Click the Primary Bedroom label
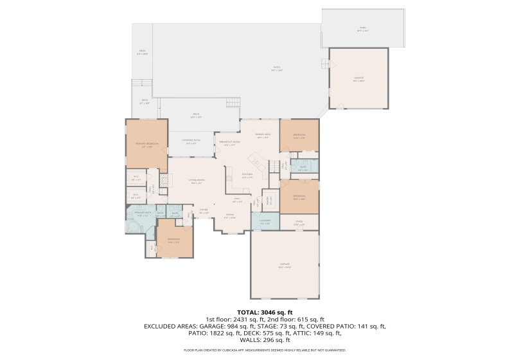pos(146,145)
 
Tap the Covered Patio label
pos(190,141)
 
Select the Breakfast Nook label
pos(229,143)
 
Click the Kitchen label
pos(247,175)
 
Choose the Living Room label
pos(196,182)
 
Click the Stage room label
pos(299,222)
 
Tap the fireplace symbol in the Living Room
pos(163,183)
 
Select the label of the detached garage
pos(358,80)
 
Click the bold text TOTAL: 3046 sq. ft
pos(265,312)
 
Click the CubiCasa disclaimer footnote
pos(265,350)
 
